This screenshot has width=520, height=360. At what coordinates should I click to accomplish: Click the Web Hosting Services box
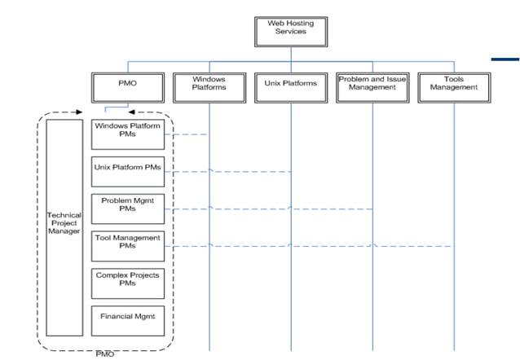point(291,29)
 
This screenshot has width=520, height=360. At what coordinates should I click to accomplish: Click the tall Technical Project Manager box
point(64,227)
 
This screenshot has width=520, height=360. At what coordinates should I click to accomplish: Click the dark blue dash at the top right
point(505,58)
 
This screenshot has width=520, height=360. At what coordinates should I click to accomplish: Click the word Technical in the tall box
point(64,215)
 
